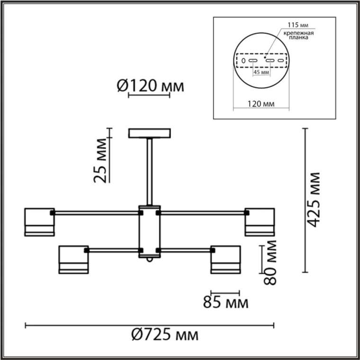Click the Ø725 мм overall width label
[165, 335]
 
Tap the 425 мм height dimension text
[313, 199]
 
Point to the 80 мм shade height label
[270, 262]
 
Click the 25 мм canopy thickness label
[100, 160]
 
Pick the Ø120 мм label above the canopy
[150, 86]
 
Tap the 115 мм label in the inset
[298, 25]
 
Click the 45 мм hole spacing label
[261, 72]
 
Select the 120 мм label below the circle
[261, 104]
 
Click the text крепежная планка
[298, 35]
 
